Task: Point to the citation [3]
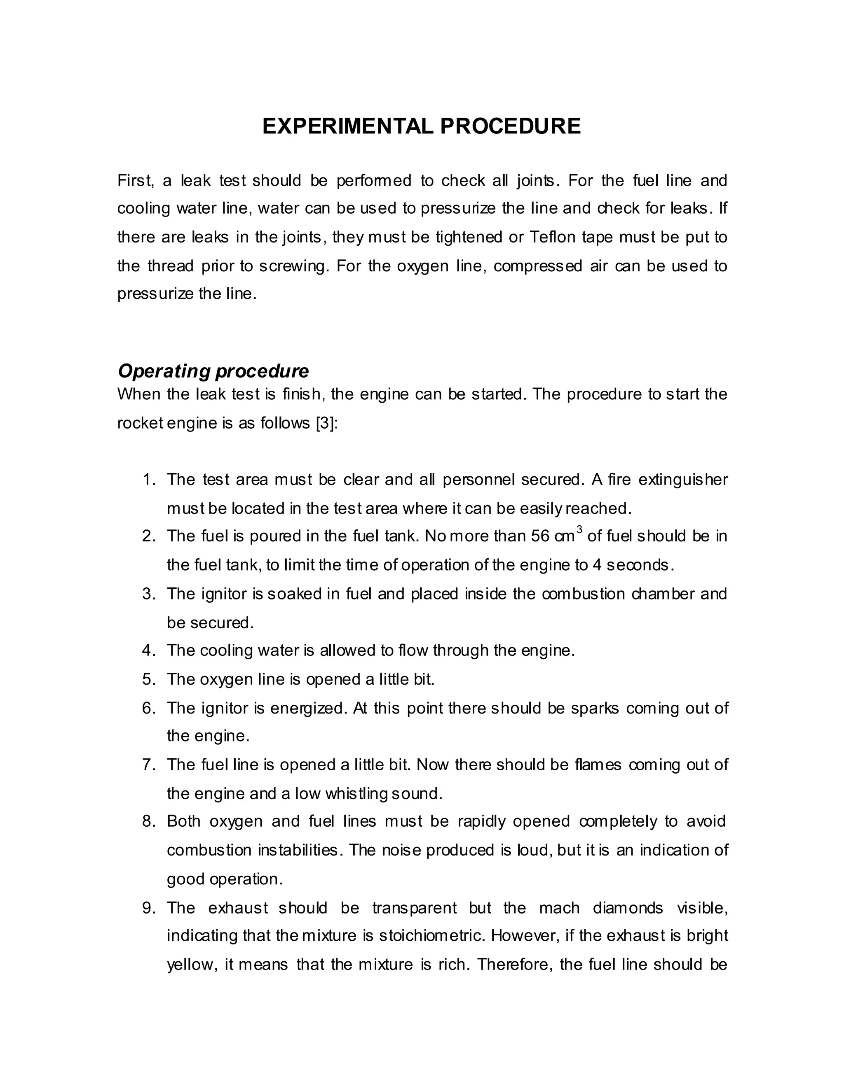click(x=327, y=423)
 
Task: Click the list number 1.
click(x=148, y=480)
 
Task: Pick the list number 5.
click(x=148, y=679)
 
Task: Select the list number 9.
click(x=148, y=908)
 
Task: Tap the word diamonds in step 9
click(x=628, y=908)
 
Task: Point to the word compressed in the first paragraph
click(x=537, y=266)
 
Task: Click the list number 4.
click(x=148, y=650)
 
